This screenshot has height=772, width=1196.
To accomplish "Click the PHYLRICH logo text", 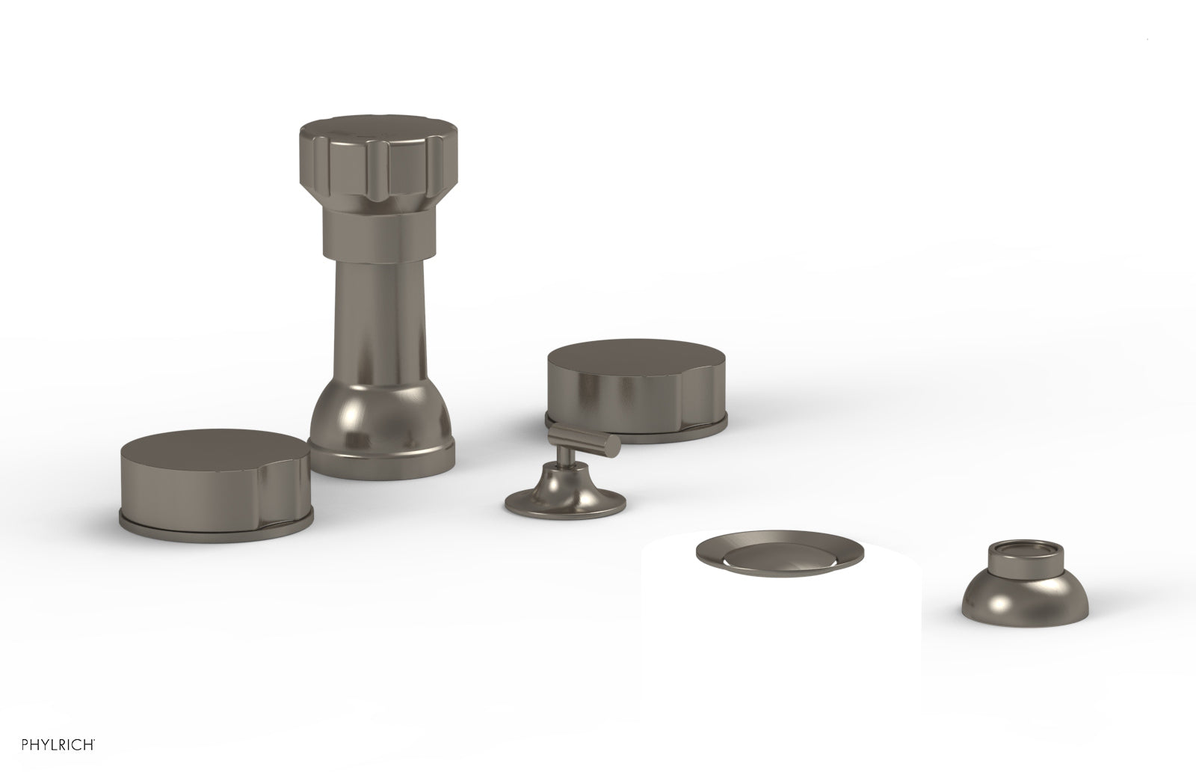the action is point(58,745).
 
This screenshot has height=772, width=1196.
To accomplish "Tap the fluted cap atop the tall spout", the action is point(378,164).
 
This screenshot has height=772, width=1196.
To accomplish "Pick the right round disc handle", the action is point(636,390).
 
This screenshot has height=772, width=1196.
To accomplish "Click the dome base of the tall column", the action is point(382,421).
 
